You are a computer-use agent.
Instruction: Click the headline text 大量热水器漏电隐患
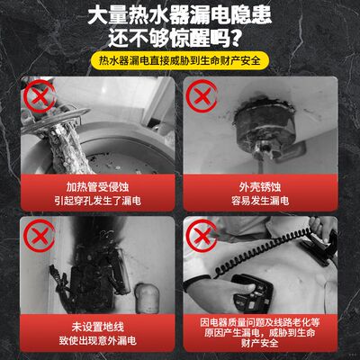(180, 15)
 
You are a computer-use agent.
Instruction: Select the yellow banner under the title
(180, 64)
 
